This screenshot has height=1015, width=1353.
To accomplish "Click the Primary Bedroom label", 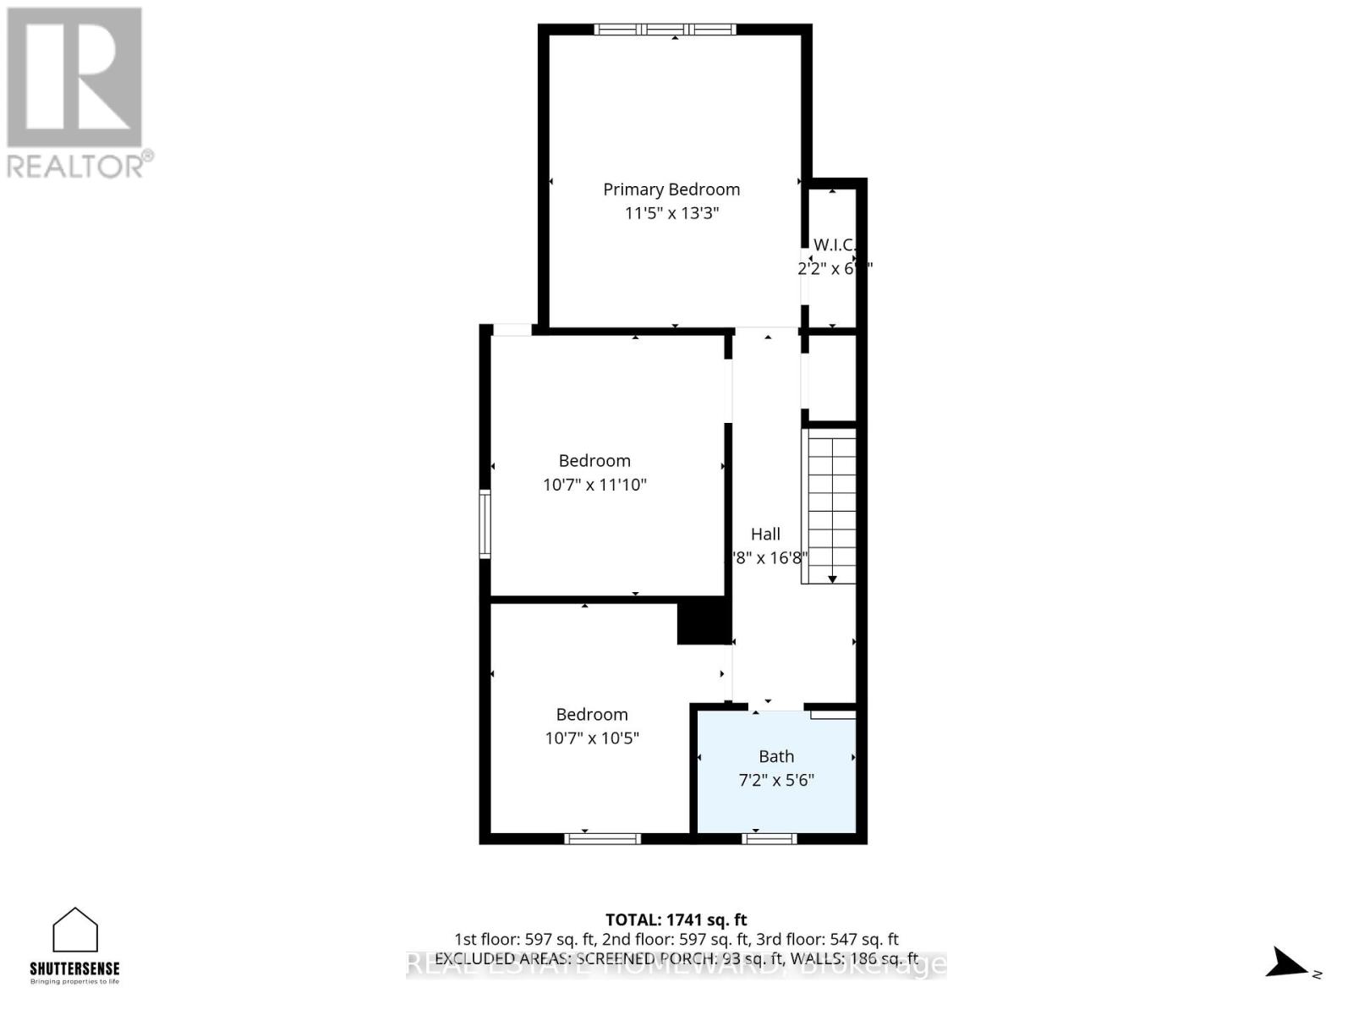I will click(x=671, y=189).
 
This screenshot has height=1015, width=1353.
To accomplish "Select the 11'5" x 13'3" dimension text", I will click(x=671, y=213).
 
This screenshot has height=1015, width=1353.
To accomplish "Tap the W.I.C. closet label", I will click(x=834, y=245).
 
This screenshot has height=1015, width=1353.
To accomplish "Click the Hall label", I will click(x=765, y=534).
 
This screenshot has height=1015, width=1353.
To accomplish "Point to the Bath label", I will click(x=776, y=757).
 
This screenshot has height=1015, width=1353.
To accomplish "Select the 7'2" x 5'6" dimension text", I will click(x=776, y=780).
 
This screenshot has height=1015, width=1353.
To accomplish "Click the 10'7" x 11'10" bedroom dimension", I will click(x=594, y=485).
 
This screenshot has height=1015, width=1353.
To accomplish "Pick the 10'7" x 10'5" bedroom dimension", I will click(x=592, y=738).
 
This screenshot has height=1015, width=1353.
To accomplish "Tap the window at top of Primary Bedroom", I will click(x=665, y=30).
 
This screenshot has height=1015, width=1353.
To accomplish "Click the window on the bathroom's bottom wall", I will click(x=770, y=838).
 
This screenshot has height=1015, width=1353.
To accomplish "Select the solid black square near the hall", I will click(x=704, y=622).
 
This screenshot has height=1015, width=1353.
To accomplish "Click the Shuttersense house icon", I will click(x=75, y=930).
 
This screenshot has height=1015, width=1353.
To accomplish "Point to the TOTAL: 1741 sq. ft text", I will click(x=676, y=919).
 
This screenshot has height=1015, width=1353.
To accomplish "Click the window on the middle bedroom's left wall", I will click(x=485, y=524).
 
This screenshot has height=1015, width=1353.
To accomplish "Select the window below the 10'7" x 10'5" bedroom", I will click(x=602, y=838).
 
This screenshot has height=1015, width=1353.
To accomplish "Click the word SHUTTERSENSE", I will click(x=75, y=968).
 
